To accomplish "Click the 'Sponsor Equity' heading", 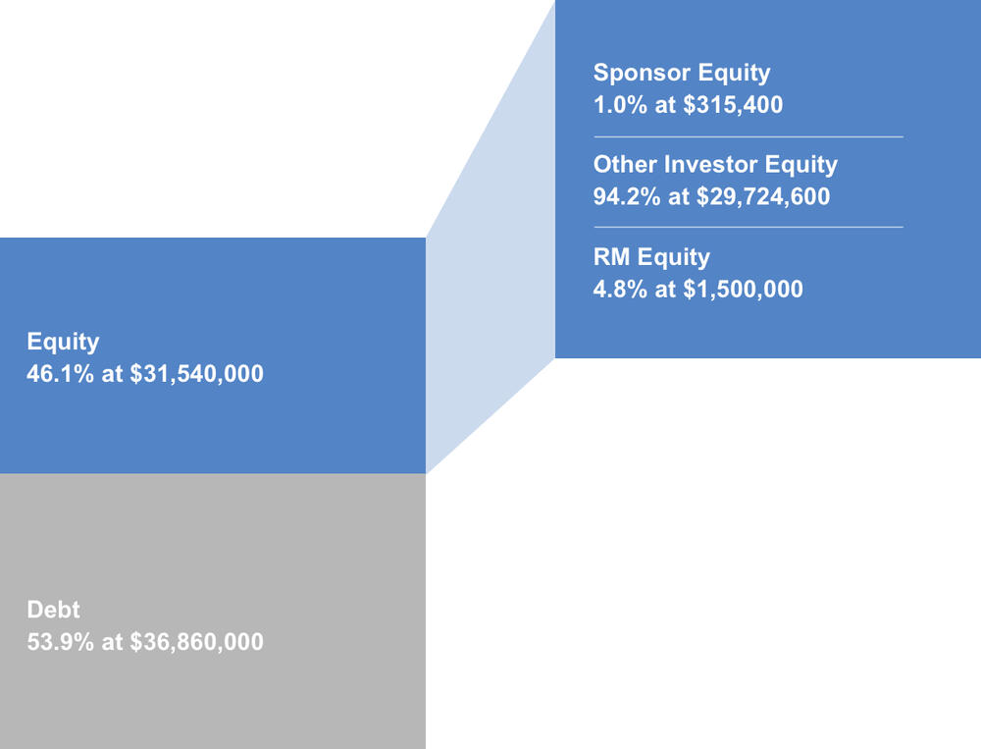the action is pos(682,74).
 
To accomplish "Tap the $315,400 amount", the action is pos(733,105).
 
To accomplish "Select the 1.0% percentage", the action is pos(620,105).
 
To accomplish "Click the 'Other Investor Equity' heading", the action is pos(715,165).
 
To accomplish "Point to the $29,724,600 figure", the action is pos(763,196).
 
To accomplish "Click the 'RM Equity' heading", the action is pos(651,257).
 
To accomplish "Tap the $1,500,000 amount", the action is pos(743,290).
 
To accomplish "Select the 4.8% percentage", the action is pos(620,290).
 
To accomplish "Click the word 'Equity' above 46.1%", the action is pos(63,342).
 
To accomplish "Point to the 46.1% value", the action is pos(60,374).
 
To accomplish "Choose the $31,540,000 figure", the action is pos(196,374).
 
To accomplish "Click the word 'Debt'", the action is pos(53,610).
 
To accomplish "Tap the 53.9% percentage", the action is pos(60,642).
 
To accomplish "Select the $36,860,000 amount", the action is pos(196,642).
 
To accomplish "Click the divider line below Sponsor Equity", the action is pos(749,136).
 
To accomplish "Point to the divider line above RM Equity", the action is pos(749,227).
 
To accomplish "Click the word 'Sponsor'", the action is pos(643,74).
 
